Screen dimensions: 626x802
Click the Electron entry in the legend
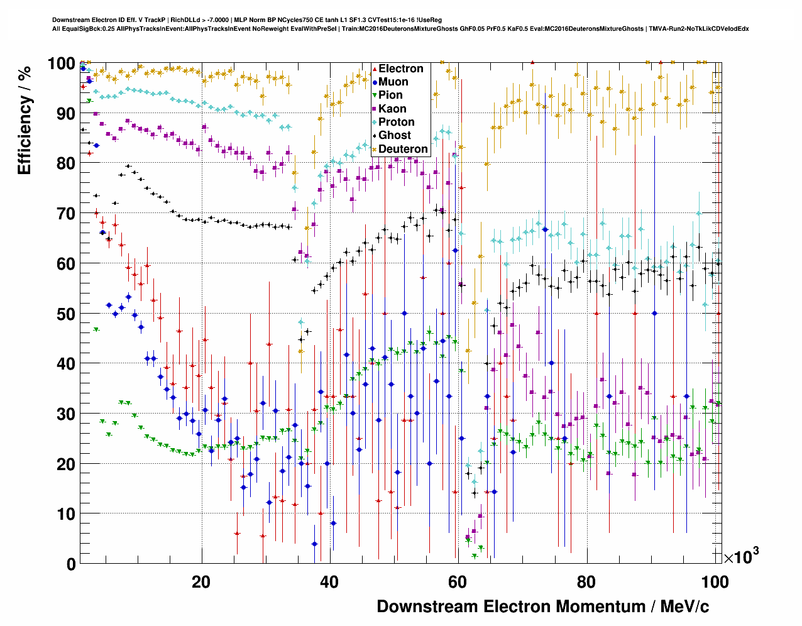[400, 69]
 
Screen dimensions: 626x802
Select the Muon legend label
[393, 82]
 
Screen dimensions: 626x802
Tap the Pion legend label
[390, 95]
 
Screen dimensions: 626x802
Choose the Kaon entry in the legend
[392, 109]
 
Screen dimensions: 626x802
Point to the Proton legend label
[396, 122]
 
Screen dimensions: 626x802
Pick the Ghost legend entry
[394, 135]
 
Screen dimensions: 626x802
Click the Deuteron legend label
[403, 149]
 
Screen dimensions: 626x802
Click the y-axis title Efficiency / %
[25, 119]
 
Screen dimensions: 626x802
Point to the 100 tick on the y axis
[62, 63]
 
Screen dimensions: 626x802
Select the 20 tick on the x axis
[201, 582]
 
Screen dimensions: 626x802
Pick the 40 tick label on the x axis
[329, 582]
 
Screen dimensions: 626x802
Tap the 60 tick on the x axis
[458, 582]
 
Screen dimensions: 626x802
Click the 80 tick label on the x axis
[586, 582]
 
